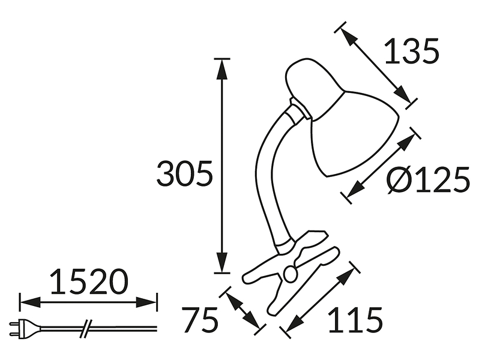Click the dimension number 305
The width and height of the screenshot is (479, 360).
click(184, 173)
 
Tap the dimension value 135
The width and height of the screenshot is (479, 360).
click(412, 51)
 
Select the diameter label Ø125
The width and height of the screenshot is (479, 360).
click(429, 180)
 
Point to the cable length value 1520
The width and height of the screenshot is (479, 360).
click(88, 281)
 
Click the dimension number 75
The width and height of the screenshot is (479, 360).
click(200, 319)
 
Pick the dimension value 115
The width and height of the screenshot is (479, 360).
click(355, 319)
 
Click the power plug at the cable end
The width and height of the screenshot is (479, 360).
click(25, 329)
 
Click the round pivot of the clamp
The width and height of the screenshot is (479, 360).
click(290, 272)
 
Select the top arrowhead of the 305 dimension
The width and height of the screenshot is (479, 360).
click(221, 69)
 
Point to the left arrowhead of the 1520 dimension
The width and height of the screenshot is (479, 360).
click(30, 302)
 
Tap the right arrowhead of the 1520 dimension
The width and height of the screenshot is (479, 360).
click(146, 302)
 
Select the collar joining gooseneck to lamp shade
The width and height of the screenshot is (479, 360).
click(298, 112)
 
